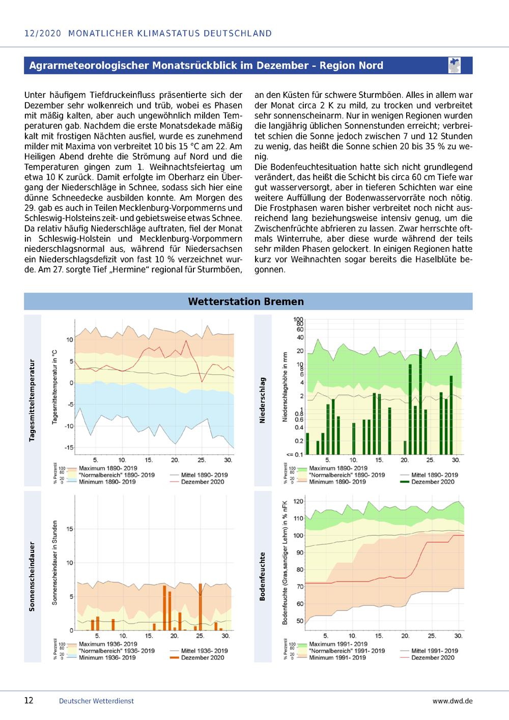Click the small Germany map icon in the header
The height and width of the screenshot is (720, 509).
coord(455,65)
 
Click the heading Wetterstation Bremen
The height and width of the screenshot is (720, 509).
coord(246,301)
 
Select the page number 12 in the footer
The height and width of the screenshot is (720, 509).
coord(29,700)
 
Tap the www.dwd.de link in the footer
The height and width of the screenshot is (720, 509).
coord(453,701)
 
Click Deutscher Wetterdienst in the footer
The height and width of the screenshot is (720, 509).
coord(96,701)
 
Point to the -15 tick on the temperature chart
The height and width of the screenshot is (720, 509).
coord(69,448)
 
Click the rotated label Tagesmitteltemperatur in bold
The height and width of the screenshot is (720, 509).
coord(32,400)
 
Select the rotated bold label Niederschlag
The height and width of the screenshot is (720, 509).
coord(262,400)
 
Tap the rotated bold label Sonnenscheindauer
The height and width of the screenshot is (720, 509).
coord(32,576)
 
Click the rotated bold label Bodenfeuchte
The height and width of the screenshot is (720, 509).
coord(262,576)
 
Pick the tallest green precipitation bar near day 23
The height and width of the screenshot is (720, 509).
coord(420,402)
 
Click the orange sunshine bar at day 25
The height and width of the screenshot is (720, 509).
coord(200,607)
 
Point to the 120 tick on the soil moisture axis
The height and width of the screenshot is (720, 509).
coord(298,502)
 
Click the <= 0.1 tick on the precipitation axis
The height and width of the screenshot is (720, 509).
coord(294,455)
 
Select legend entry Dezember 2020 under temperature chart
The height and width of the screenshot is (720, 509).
coord(203,482)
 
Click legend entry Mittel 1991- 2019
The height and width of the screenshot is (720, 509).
coord(435,651)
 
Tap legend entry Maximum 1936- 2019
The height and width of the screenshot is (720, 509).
coord(108,644)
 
